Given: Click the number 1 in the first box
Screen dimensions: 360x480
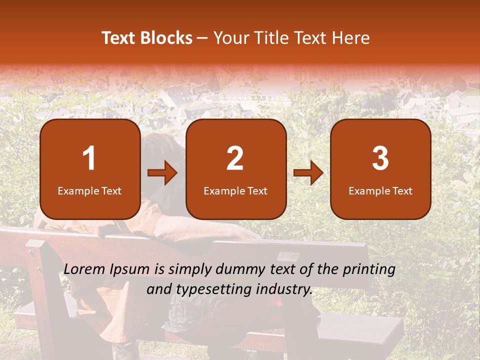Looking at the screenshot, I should pyautogui.click(x=89, y=158).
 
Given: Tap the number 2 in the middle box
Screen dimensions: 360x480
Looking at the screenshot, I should pyautogui.click(x=235, y=158).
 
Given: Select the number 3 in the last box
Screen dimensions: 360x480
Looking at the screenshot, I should pyautogui.click(x=380, y=158).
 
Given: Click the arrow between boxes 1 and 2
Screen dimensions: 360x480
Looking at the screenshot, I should pyautogui.click(x=162, y=173).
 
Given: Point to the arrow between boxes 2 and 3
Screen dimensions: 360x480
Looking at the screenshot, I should pyautogui.click(x=308, y=173).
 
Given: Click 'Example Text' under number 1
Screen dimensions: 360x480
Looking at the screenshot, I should pyautogui.click(x=89, y=191).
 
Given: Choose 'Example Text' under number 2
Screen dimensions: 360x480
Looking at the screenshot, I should pyautogui.click(x=235, y=191).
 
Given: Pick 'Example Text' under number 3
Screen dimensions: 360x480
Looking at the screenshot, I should pyautogui.click(x=380, y=191).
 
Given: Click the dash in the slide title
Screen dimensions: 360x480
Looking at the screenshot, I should pyautogui.click(x=202, y=38).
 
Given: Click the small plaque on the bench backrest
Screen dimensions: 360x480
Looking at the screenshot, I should pyautogui.click(x=288, y=256).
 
